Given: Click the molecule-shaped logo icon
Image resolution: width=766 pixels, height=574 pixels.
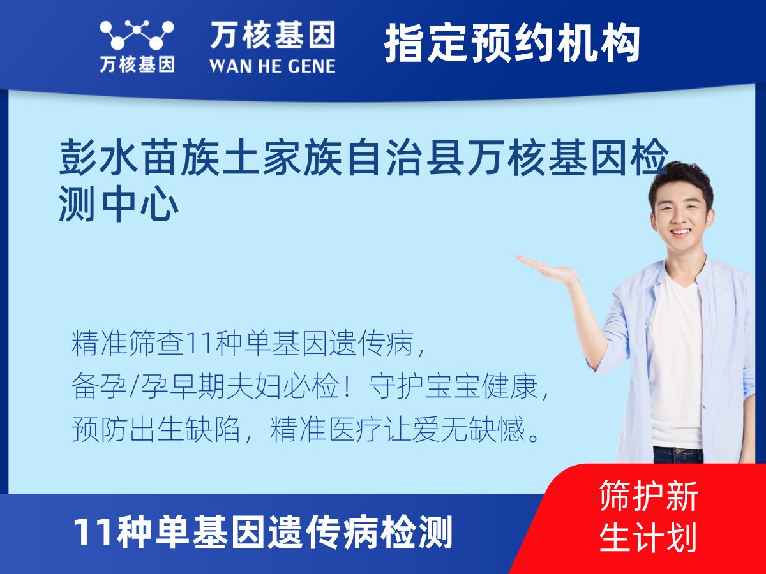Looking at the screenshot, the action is tap(137, 35).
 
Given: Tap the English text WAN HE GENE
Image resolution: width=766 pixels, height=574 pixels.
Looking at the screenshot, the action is tap(273, 66).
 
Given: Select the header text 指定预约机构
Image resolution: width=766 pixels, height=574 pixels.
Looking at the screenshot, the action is tap(512, 43).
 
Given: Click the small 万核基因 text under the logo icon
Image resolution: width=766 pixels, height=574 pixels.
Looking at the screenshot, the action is tap(137, 64).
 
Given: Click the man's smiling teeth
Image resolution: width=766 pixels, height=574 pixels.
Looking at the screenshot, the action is tap(681, 232).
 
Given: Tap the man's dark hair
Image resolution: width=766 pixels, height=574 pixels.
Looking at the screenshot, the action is tap(680, 181).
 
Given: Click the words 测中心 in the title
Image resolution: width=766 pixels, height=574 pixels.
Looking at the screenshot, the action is tap(119, 204).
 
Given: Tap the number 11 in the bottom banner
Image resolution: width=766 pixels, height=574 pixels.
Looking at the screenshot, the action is tap(94, 532).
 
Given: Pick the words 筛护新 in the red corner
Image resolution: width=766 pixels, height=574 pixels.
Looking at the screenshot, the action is tap(649, 496).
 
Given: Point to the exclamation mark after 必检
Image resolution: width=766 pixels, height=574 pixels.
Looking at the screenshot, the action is tap(347, 386).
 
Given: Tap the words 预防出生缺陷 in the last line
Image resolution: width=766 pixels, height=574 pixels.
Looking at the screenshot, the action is tap(156, 429).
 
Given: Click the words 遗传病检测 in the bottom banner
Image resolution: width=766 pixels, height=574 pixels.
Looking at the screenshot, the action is tap(359, 533).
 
